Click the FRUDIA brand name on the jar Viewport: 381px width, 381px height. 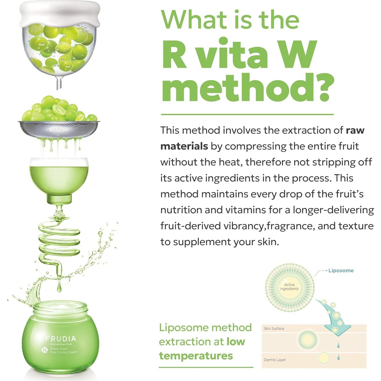click(61, 339)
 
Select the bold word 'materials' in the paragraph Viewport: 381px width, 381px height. click(184, 146)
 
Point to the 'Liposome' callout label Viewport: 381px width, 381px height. click(341, 270)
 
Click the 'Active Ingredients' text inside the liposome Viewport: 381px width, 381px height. click(289, 287)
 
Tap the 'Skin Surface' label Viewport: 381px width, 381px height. click(274, 328)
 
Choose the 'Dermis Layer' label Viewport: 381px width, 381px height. click(274, 360)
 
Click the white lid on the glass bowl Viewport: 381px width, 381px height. click(59, 14)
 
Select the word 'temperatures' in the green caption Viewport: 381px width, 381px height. click(196, 356)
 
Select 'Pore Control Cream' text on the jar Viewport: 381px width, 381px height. click(64, 352)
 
